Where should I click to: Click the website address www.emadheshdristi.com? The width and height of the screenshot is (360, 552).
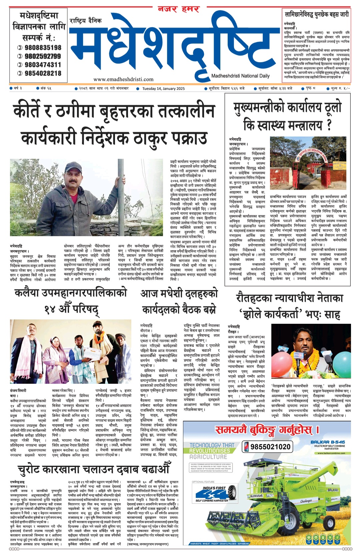click(x=123, y=79)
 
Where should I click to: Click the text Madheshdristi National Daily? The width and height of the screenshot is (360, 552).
click(x=240, y=76)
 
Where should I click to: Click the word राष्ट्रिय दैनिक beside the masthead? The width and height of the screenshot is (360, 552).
click(x=86, y=21)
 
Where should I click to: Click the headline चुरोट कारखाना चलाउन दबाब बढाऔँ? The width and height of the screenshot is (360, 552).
click(x=94, y=469)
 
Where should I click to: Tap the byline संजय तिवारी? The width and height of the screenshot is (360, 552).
click(x=18, y=390)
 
